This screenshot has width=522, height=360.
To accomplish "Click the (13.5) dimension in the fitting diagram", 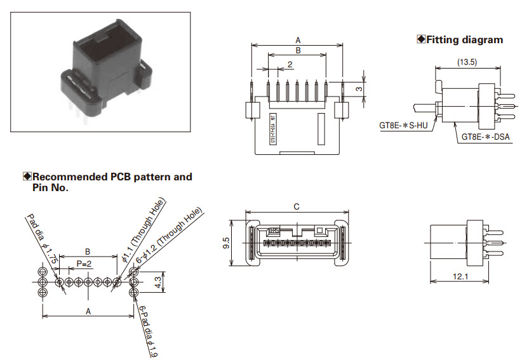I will [467, 62].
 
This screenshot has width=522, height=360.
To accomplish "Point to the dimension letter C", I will [297, 206].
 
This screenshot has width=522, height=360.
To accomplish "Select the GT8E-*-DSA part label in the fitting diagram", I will [485, 137].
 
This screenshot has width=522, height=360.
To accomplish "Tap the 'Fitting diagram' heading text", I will [464, 40].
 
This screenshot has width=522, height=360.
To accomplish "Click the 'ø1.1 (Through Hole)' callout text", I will [144, 229].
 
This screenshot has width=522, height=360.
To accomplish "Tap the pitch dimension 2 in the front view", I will [290, 64].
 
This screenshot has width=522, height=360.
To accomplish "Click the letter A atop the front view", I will [298, 40].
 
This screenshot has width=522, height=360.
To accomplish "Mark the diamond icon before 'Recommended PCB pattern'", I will [27, 177].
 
